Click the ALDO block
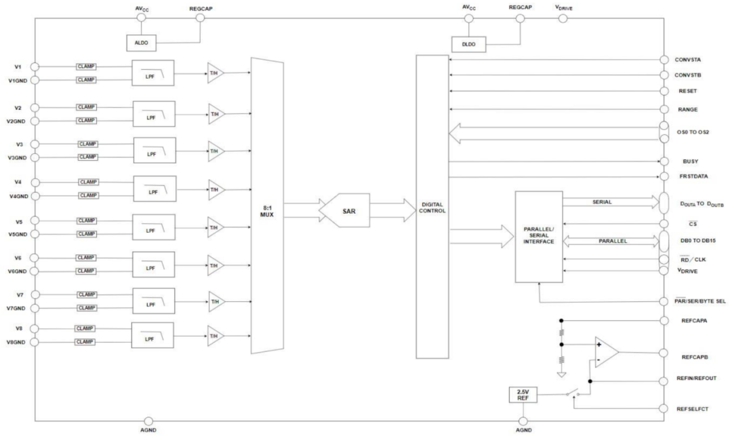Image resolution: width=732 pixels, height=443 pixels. click(x=141, y=43)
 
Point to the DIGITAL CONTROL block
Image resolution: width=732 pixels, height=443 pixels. click(x=432, y=207)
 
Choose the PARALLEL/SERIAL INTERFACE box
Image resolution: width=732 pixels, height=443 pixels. click(x=539, y=237)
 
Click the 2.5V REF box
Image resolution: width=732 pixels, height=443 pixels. click(x=523, y=394)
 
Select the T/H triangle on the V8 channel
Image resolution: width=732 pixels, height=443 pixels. click(x=215, y=335)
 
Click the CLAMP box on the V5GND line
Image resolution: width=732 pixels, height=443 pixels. click(x=86, y=234)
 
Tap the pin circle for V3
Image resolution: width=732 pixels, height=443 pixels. click(x=35, y=145)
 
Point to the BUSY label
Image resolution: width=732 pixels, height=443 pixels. click(x=691, y=162)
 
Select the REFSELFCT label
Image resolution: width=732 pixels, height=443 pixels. click(x=693, y=408)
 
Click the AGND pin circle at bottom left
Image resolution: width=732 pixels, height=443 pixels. click(x=148, y=421)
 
